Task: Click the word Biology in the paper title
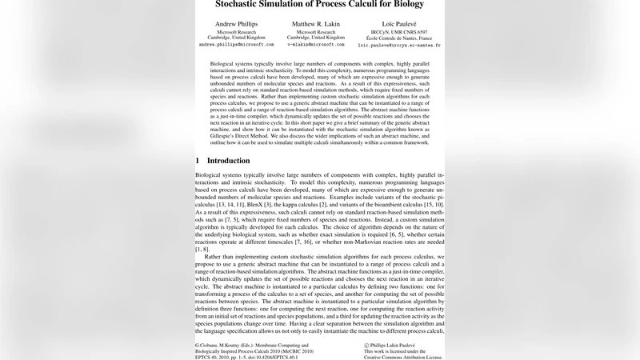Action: [x=423, y=5]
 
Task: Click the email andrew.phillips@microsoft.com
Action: [x=236, y=46]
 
